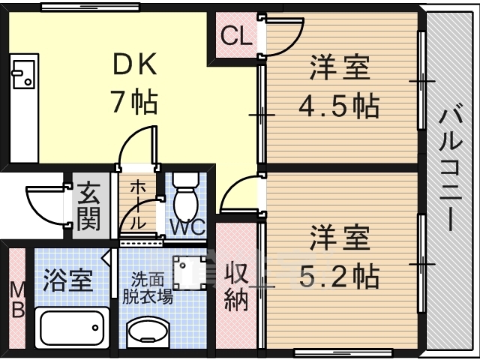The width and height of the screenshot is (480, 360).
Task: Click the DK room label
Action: (135, 64)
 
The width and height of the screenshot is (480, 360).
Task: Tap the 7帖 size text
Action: (135, 102)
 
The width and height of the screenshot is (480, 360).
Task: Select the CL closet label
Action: (237, 36)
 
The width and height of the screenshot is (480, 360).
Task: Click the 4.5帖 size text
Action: (339, 106)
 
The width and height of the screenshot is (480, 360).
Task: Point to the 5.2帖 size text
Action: (339, 277)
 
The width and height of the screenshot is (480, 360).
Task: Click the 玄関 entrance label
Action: (88, 206)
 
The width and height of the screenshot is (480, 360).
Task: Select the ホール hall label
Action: (138, 205)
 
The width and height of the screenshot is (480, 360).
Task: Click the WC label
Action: (187, 226)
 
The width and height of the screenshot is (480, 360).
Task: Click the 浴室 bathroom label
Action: (67, 280)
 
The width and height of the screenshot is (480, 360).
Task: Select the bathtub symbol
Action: (72, 328)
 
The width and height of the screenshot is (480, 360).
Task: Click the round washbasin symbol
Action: (148, 331)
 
